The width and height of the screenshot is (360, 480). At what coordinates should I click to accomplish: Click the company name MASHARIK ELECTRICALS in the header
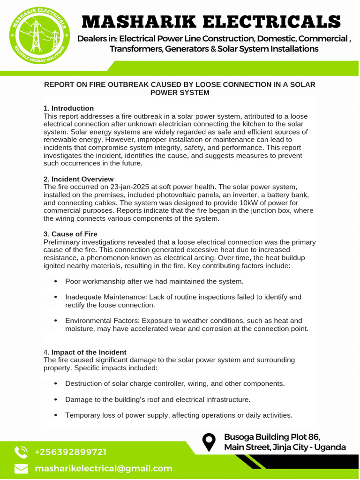tap(211, 22)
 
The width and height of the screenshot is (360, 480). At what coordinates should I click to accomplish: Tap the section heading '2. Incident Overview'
tap(78, 179)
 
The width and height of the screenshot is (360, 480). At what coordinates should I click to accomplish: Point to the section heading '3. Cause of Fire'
tap(70, 234)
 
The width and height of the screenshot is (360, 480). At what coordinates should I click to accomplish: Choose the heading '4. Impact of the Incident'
tap(85, 352)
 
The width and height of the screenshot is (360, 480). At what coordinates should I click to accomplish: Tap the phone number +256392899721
tap(70, 452)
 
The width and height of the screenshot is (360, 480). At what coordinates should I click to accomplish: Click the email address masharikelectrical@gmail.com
tap(104, 469)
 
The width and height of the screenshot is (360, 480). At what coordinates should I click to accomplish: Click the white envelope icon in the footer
tap(21, 469)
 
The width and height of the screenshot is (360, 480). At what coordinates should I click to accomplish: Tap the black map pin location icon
tap(209, 442)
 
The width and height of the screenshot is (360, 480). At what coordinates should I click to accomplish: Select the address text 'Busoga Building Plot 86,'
tap(272, 437)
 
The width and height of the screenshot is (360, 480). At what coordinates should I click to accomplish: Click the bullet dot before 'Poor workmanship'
tap(56, 281)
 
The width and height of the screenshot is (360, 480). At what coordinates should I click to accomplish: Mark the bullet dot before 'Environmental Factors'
tap(56, 321)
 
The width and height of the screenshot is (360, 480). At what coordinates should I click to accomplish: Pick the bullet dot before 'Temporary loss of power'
tap(56, 415)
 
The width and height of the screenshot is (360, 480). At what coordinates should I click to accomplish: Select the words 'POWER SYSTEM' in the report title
tap(180, 93)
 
